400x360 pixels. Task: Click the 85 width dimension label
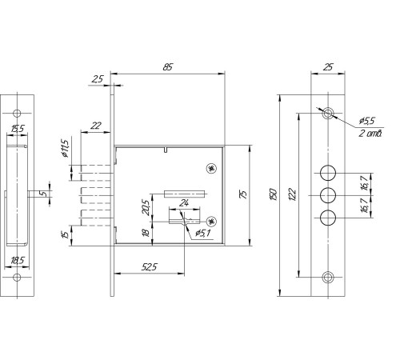tap(168, 67)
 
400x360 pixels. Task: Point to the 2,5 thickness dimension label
tap(98, 79)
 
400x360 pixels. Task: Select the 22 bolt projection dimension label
tap(96, 126)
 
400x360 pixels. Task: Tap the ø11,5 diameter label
tap(65, 149)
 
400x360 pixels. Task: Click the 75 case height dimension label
tap(243, 194)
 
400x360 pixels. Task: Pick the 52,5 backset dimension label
tap(150, 266)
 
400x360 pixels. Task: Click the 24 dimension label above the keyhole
tap(184, 203)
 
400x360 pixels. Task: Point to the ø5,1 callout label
tap(203, 233)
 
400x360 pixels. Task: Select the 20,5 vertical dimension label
tap(146, 207)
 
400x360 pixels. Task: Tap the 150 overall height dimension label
tap(274, 194)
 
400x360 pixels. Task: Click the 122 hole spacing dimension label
tap(293, 194)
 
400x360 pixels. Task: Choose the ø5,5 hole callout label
tap(367, 121)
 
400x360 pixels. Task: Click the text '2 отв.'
tap(370, 133)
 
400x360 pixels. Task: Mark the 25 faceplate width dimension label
tap(328, 67)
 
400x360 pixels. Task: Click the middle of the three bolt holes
tap(328, 195)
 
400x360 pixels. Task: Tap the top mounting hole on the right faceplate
tap(328, 114)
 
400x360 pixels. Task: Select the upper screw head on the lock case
tap(212, 168)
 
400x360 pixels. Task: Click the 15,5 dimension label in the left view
tap(18, 129)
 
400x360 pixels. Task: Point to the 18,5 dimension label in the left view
tap(18, 261)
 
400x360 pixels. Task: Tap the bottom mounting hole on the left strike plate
tap(17, 278)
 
